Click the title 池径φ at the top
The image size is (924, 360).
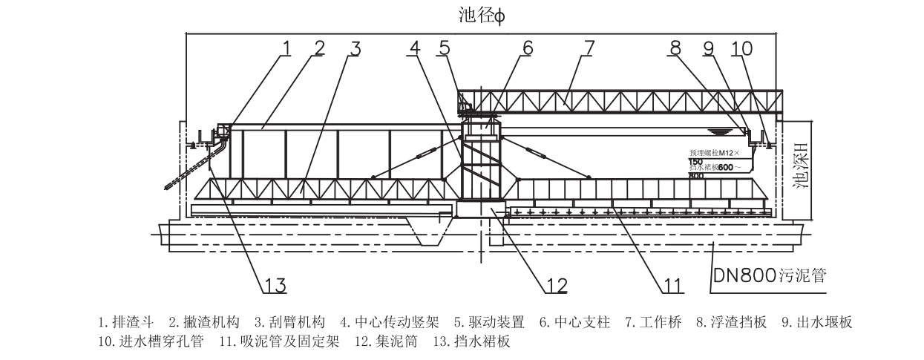[x=482, y=16]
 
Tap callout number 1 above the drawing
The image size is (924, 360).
[x=286, y=48]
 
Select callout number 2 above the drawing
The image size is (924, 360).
[x=319, y=48]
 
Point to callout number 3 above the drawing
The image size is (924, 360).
[x=355, y=48]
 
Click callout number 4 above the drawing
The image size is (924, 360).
[x=415, y=48]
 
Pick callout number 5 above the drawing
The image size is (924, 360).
[x=444, y=48]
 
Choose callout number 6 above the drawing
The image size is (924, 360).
[x=526, y=48]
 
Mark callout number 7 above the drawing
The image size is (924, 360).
[x=588, y=48]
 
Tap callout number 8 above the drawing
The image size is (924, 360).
[x=674, y=48]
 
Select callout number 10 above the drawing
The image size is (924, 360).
[x=741, y=48]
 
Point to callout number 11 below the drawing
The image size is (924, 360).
[x=672, y=284]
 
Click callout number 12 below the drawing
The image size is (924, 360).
[x=557, y=284]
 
